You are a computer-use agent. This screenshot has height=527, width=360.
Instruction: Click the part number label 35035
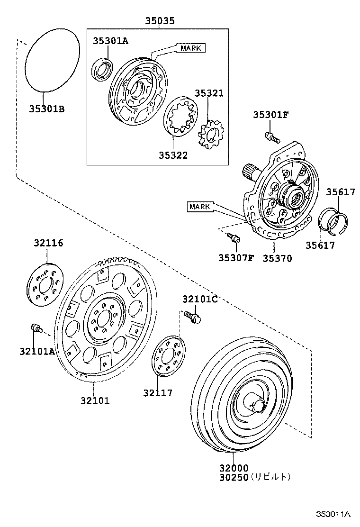click(x=160, y=21)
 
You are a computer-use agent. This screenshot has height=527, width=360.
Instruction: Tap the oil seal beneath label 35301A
click(x=102, y=69)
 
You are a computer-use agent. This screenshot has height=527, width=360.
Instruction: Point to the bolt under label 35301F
click(x=271, y=137)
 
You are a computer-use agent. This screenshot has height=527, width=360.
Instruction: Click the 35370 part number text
click(x=278, y=258)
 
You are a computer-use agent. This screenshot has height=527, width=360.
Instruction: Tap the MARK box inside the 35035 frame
click(x=191, y=48)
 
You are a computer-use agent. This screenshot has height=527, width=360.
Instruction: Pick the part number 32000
click(x=233, y=468)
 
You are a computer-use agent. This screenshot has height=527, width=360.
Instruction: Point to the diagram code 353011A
click(x=333, y=514)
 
